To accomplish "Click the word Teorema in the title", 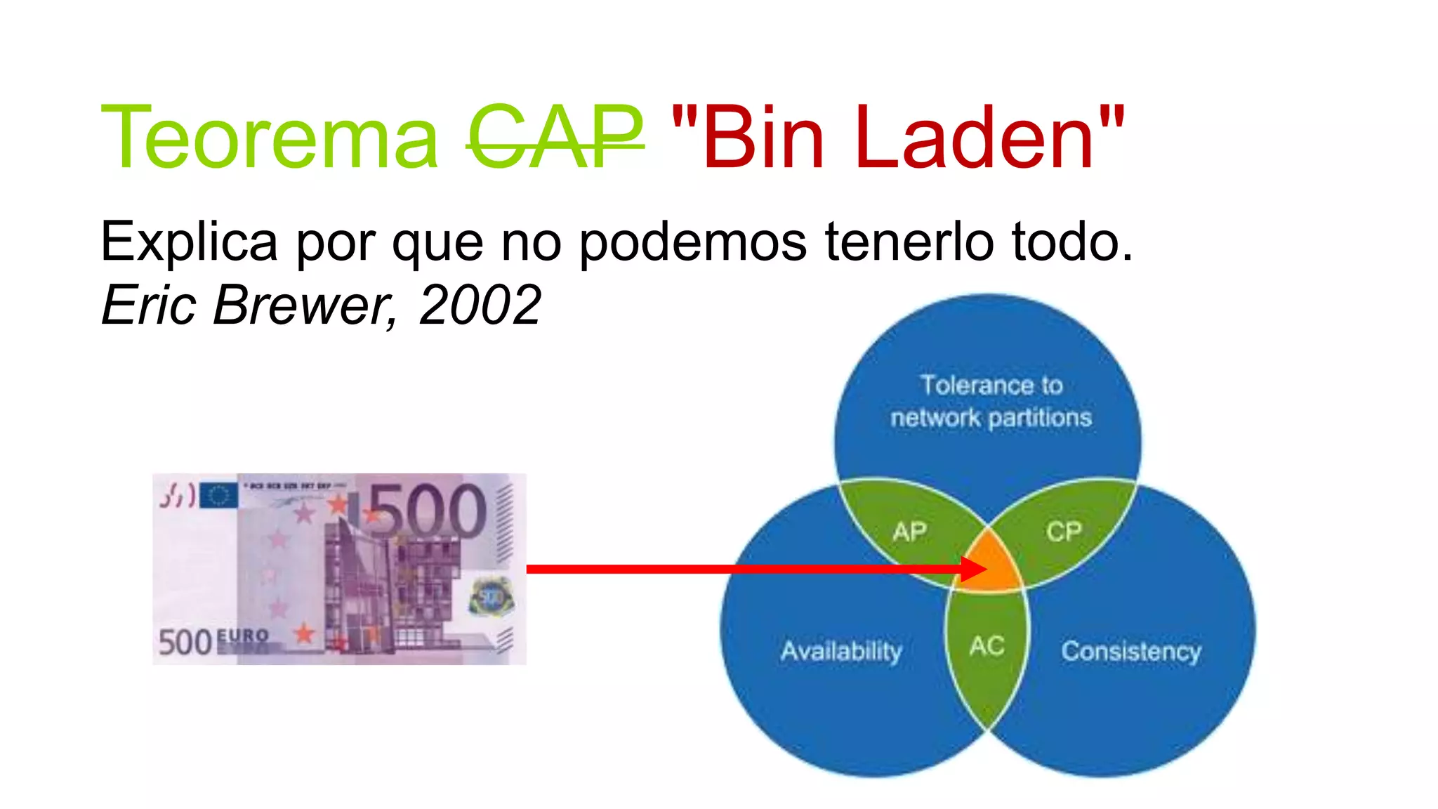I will pos(270,138).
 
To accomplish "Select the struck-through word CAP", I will pos(555,138).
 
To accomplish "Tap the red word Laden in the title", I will pos(975,138).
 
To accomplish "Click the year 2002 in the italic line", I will pos(480,305).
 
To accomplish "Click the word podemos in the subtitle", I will pos(693,242).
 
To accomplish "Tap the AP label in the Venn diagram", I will pos(910,532).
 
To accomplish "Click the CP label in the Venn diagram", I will pos(1064,532).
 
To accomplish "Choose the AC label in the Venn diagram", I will pos(987,646).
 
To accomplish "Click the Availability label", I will pos(841,651).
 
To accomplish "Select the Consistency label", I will pos(1131,651).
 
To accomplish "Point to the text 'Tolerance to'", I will pos(991,386).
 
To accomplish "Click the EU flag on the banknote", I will pos(218,496).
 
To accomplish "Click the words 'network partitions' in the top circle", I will pos(991,419).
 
